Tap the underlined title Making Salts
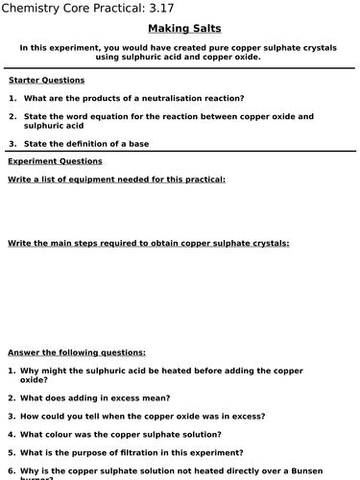pos(180,29)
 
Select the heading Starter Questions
pos(46,81)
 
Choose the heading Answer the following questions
pos(77,352)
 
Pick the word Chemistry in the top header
pos(37,10)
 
